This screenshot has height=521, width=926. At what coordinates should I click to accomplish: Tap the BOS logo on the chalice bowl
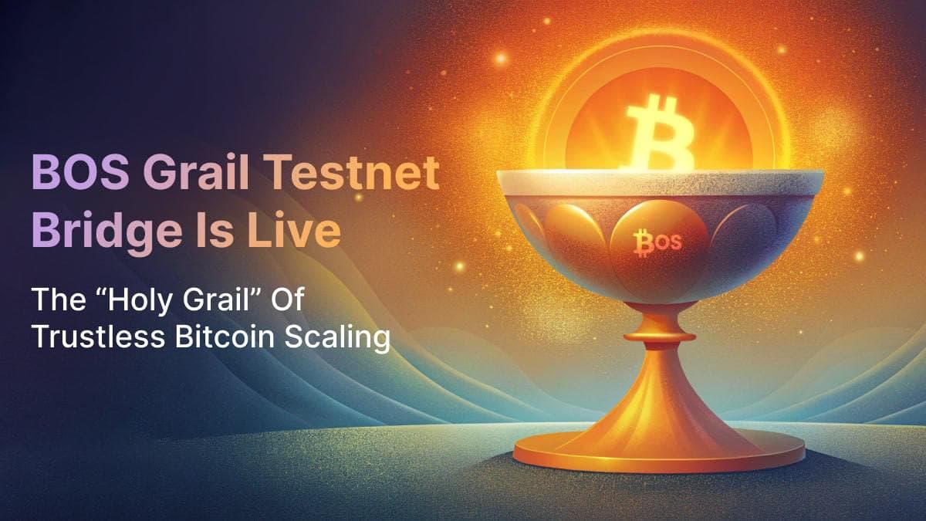click(657, 242)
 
